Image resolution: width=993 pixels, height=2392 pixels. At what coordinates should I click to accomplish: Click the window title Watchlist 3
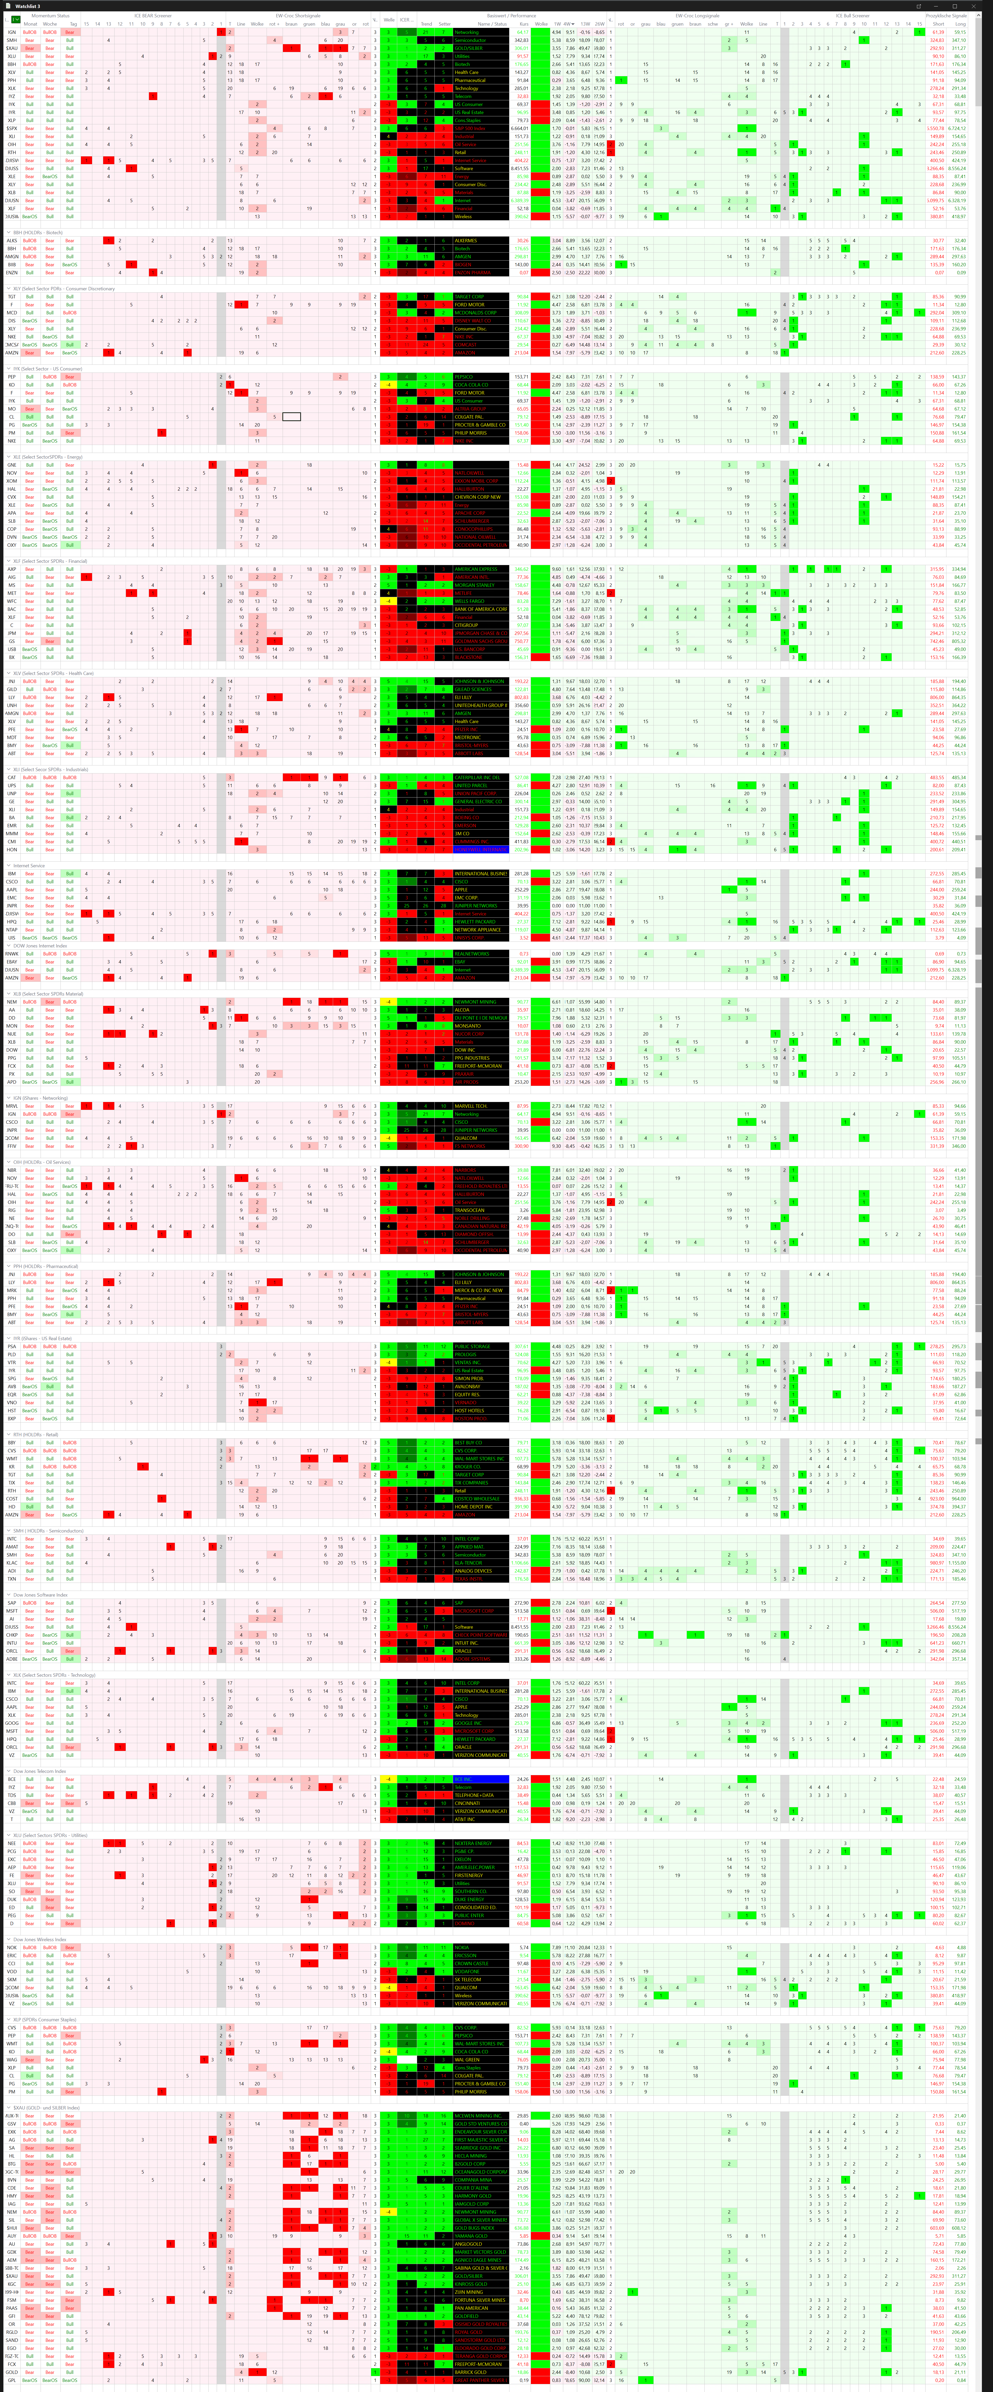[28, 6]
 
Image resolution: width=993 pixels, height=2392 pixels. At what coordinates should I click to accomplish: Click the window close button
[983, 6]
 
